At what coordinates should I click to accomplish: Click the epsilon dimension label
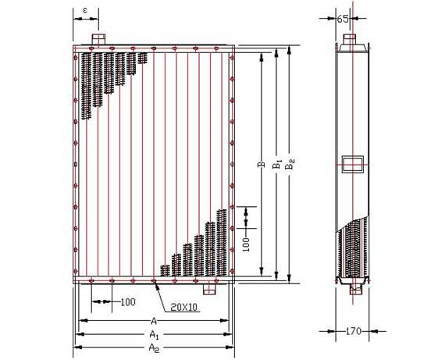point(85,11)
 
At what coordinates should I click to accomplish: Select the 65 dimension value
point(343,19)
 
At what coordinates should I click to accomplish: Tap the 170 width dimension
point(354,331)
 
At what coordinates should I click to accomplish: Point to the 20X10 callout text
point(183,308)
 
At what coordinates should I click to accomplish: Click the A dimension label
point(154,321)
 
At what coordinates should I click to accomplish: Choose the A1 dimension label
point(154,334)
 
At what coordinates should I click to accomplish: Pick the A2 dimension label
point(154,348)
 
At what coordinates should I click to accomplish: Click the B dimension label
point(262,164)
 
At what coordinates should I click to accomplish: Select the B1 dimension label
point(277,164)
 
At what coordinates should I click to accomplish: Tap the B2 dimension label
point(290,164)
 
